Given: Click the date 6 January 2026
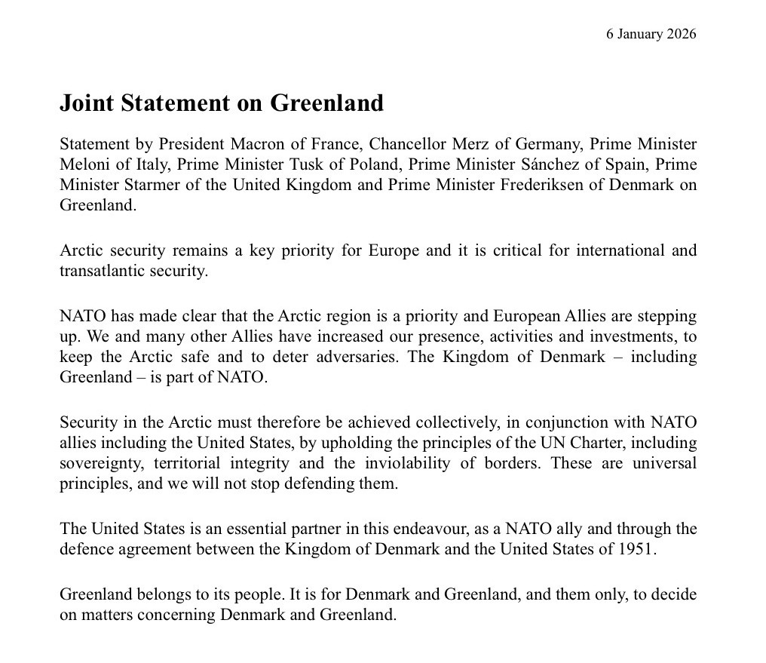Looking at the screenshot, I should point(651,34).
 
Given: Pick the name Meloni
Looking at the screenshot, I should point(84,164).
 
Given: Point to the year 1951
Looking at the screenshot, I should point(638,548).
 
